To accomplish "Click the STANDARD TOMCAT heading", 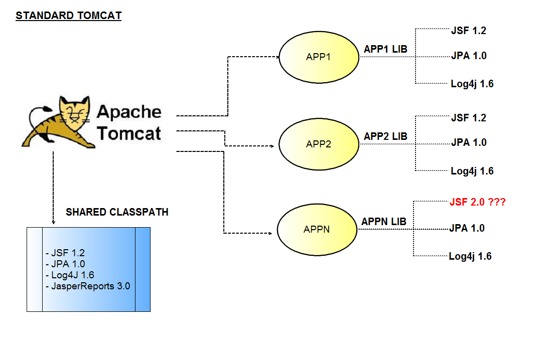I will [68, 16].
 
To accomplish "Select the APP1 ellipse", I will [318, 57].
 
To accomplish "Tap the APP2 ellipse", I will [318, 144].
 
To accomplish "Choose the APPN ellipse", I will [317, 230].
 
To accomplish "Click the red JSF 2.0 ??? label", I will [477, 203].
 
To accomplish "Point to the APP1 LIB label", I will [385, 49].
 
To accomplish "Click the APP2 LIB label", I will [385, 136].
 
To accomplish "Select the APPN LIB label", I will [384, 222].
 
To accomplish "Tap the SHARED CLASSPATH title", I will [117, 212].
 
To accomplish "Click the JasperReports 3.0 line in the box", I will [88, 286].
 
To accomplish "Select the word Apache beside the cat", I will [129, 112].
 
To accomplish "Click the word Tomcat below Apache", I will [129, 133].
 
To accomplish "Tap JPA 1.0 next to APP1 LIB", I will [469, 56].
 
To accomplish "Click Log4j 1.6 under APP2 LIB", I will [472, 171].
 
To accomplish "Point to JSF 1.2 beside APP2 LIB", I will [468, 118].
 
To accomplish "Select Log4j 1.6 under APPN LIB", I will [470, 257].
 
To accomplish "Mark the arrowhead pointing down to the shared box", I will [53, 223].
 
